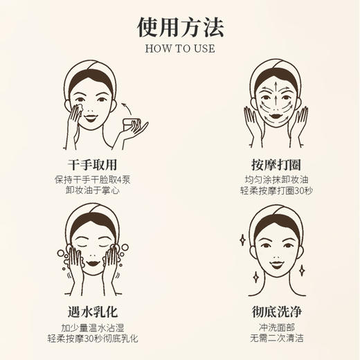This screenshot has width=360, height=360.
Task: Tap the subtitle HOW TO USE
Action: pyautogui.click(x=180, y=48)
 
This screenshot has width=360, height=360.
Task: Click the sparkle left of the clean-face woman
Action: pyautogui.click(x=242, y=240)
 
